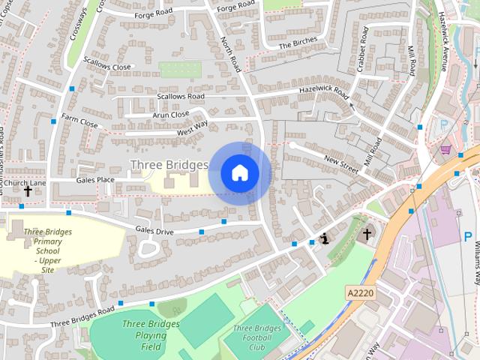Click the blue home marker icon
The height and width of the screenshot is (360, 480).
(239, 173)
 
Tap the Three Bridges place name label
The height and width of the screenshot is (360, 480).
(169, 164)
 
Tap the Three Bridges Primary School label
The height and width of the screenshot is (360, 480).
(47, 250)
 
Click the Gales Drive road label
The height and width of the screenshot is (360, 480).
(154, 231)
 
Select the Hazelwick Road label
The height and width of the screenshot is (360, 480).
(324, 92)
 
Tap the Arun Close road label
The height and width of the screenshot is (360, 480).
(170, 115)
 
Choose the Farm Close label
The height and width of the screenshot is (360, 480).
(80, 119)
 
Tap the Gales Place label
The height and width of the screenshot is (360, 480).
(95, 180)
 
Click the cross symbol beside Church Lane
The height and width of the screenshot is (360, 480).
(28, 192)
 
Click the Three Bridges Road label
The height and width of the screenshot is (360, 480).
(82, 315)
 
